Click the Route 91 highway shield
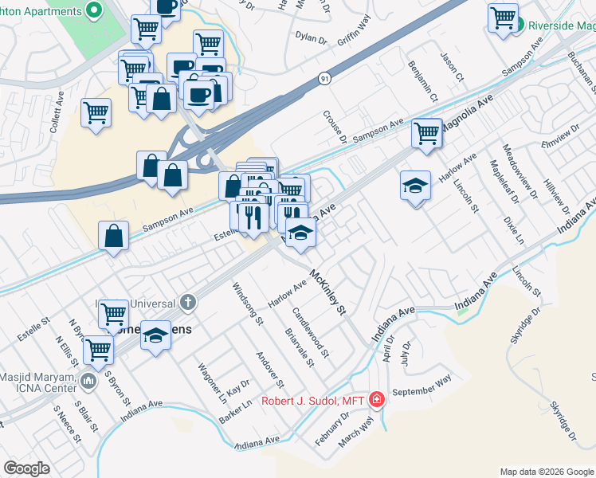click(x=324, y=78)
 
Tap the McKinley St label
click(x=330, y=292)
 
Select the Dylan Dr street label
click(x=311, y=37)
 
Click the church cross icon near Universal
click(x=187, y=302)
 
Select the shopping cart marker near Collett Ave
click(x=96, y=112)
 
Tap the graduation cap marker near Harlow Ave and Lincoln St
click(x=414, y=186)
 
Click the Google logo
click(x=26, y=468)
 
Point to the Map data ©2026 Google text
click(x=546, y=472)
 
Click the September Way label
click(x=422, y=386)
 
